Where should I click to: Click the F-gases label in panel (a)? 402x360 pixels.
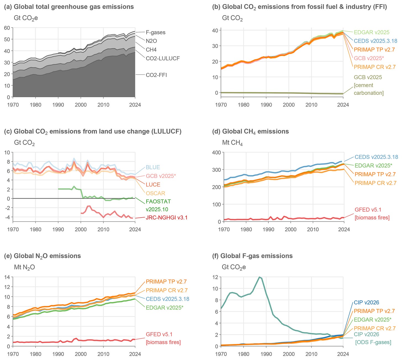[155, 32]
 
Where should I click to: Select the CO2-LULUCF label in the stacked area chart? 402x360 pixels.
[163, 58]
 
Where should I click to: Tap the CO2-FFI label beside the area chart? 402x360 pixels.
[156, 75]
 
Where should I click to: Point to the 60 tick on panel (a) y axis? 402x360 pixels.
[7, 28]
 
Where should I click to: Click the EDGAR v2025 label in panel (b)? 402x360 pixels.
[371, 32]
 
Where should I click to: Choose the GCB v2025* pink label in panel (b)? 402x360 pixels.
[369, 58]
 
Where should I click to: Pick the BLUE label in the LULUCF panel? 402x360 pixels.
[153, 167]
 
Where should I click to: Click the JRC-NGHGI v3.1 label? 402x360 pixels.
[167, 218]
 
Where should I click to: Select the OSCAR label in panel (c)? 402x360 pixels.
[155, 193]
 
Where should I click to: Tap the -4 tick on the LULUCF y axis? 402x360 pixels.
[7, 217]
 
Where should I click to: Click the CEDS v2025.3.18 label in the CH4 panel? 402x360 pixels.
[376, 157]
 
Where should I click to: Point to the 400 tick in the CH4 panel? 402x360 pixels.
[216, 152]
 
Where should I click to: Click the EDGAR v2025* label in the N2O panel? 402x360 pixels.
[165, 308]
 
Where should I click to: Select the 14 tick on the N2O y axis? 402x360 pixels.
[7, 277]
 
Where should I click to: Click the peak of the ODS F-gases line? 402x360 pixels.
[259, 277]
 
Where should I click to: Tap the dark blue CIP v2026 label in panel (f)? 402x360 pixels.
[366, 303]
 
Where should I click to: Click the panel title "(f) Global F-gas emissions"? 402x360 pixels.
[252, 256]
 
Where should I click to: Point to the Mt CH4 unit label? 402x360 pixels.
[232, 143]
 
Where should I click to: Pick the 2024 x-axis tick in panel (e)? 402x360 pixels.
[135, 354]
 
